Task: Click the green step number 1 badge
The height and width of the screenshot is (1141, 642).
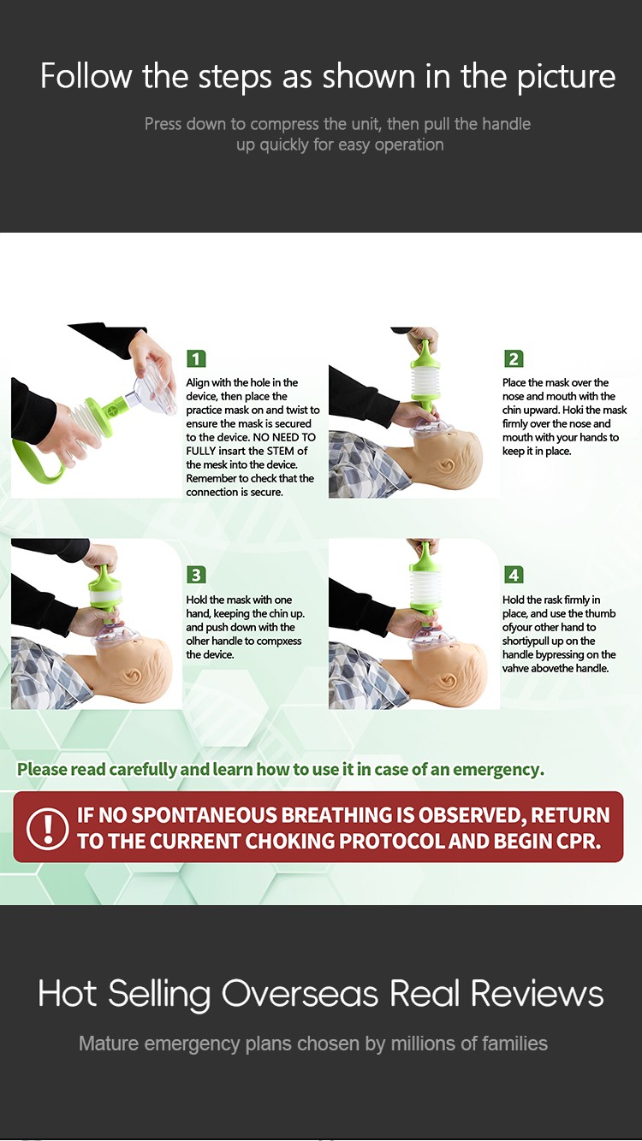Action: [196, 358]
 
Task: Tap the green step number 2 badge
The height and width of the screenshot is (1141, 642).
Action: [514, 358]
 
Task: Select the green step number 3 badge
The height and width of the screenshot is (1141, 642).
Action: [196, 575]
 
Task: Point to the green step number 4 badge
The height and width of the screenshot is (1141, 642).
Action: [514, 575]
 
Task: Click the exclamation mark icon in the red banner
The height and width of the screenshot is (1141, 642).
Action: [47, 827]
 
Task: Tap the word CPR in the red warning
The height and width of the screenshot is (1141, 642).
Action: [580, 841]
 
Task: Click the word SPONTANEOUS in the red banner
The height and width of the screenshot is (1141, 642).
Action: [206, 815]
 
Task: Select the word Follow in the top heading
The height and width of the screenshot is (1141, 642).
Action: [86, 75]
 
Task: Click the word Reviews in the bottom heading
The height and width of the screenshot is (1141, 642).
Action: [537, 993]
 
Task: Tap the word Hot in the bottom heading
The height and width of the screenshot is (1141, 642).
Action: [68, 993]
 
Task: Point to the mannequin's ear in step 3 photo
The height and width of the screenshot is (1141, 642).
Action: [133, 676]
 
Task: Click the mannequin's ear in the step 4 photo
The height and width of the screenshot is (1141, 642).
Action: [449, 681]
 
